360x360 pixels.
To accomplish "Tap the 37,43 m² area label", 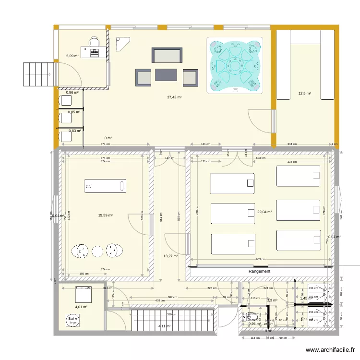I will [174, 97].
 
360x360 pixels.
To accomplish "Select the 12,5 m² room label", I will [304, 94].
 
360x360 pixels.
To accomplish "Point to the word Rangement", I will [259, 271].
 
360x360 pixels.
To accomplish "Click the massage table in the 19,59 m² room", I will [105, 186].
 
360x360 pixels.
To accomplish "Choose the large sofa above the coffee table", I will [167, 55].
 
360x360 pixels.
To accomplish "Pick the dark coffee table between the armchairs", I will [166, 75].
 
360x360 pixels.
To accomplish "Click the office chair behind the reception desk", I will [93, 42].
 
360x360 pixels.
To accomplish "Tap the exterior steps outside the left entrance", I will [37, 75].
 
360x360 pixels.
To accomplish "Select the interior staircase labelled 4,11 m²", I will [173, 319].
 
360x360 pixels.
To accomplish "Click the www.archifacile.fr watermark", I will [331, 350].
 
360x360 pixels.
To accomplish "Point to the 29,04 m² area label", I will [264, 212].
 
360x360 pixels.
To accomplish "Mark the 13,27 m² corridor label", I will [170, 256].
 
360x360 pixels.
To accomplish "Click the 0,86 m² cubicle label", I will [72, 93].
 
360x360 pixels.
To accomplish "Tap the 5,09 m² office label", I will [73, 56].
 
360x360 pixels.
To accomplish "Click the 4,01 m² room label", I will [81, 307].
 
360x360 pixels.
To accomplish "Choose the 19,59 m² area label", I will [105, 216].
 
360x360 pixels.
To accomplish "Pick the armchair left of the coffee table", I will [144, 77].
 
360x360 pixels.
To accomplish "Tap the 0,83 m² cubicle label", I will [74, 131].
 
